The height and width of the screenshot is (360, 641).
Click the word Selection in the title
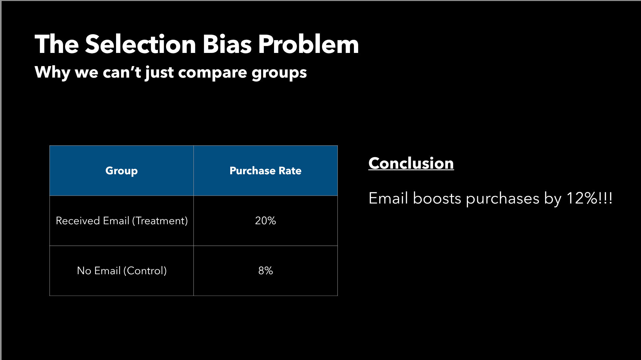click(x=141, y=44)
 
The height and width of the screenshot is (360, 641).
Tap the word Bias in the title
click(x=227, y=44)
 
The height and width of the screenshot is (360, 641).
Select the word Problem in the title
click(x=308, y=44)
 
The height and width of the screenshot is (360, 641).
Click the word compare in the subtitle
click(x=212, y=73)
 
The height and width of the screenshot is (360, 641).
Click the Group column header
click(x=121, y=171)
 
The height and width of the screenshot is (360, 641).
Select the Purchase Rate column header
click(x=265, y=171)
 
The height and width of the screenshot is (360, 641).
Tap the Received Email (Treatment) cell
click(x=122, y=221)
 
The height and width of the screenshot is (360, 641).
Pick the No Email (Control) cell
click(x=122, y=271)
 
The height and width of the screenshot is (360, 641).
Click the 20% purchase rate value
click(x=265, y=221)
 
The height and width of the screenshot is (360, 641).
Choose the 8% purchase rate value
click(x=265, y=271)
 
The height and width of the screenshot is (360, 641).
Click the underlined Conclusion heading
click(x=411, y=163)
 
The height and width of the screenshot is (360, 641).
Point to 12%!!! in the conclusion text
click(x=589, y=198)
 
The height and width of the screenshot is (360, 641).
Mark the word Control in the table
click(x=145, y=271)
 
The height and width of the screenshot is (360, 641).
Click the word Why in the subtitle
click(x=52, y=73)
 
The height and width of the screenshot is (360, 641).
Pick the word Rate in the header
click(x=290, y=171)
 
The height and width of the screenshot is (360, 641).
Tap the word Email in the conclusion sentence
click(x=388, y=198)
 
